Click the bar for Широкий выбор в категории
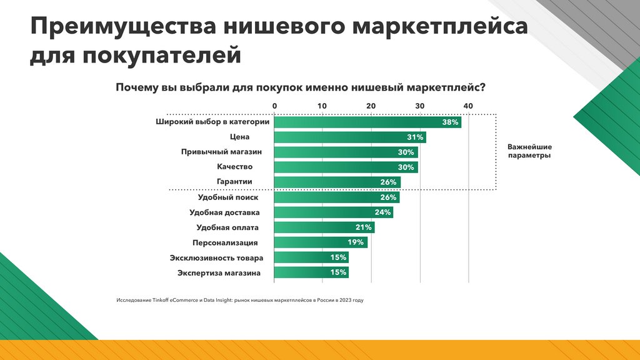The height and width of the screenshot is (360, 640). [367, 122]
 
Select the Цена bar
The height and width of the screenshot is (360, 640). [350, 137]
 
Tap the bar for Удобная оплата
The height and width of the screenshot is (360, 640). [324, 227]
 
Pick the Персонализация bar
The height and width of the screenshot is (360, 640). [321, 242]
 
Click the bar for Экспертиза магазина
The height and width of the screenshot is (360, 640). [311, 272]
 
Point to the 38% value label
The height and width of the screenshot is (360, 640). [450, 122]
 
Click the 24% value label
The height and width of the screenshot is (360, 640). [382, 212]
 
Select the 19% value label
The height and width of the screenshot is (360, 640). [356, 242]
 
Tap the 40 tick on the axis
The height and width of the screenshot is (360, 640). [469, 106]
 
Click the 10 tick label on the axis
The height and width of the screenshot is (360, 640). [322, 106]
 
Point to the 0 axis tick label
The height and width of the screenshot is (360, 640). [274, 106]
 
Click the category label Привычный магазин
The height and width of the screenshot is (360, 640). [221, 152]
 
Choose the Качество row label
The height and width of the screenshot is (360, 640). [234, 167]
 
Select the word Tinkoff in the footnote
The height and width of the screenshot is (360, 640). [160, 300]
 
